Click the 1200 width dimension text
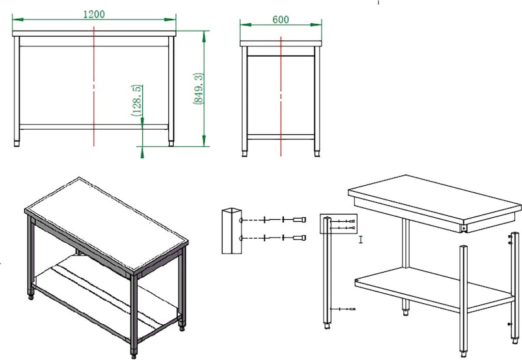click(x=94, y=14)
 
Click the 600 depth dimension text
click(x=281, y=20)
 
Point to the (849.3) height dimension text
click(x=198, y=89)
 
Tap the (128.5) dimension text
click(x=137, y=100)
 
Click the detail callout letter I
click(x=361, y=239)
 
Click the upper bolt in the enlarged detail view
click(x=299, y=220)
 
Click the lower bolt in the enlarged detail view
click(x=299, y=238)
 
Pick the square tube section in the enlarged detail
click(x=232, y=231)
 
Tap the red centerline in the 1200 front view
click(x=94, y=87)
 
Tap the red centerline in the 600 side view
click(x=281, y=96)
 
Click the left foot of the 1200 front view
click(x=17, y=143)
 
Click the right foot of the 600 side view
click(x=317, y=153)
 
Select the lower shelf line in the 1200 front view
click(x=94, y=127)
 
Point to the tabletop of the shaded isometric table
click(x=106, y=224)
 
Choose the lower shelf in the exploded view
click(x=435, y=289)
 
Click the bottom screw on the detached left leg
click(x=347, y=309)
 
